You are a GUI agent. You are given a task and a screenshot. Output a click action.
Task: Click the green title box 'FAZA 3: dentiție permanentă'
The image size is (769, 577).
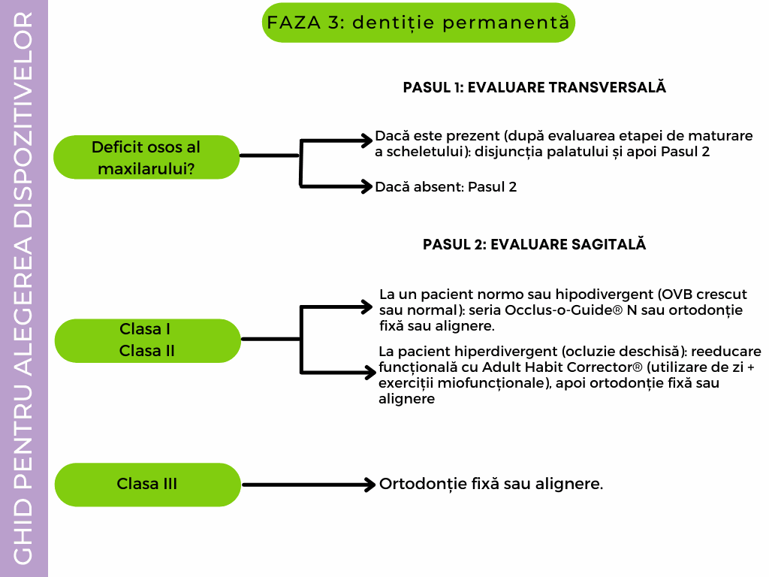418,23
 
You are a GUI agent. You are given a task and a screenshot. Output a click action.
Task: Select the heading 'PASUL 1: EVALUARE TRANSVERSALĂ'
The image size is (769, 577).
534,87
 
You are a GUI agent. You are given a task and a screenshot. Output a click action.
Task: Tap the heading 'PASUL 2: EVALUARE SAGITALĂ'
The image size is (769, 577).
534,244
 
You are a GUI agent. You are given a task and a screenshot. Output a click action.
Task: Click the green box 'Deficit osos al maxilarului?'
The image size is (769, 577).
146,157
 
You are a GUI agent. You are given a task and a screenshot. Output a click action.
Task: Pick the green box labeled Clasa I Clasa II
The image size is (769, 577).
147,340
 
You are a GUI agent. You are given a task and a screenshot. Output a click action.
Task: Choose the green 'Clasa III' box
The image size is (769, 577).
147,485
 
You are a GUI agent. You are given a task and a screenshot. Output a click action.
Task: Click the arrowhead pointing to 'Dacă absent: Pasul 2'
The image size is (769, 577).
366,186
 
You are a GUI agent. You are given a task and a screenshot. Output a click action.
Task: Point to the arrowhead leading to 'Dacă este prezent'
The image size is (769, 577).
366,140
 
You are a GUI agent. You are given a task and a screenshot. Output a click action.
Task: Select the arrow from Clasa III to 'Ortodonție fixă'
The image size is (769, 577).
309,485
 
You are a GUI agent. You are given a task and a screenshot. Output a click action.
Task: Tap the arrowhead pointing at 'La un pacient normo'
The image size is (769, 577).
366,307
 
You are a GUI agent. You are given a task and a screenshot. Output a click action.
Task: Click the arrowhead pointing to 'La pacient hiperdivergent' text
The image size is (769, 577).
369,372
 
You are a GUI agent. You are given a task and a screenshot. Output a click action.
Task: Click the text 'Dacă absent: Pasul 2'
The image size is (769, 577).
446,187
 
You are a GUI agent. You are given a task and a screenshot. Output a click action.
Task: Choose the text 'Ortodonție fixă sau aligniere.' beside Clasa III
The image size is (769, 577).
491,484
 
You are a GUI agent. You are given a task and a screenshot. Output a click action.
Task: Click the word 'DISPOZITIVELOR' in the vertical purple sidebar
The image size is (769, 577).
23,121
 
